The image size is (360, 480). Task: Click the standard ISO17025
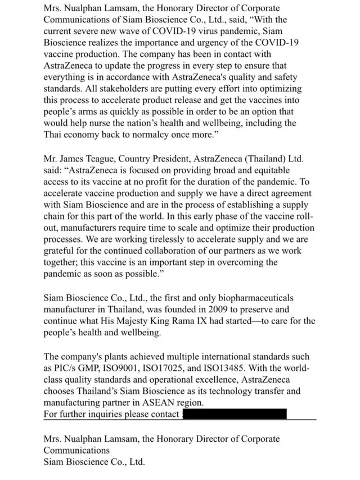coord(189,369)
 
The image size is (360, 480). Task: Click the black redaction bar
coord(235,415)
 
